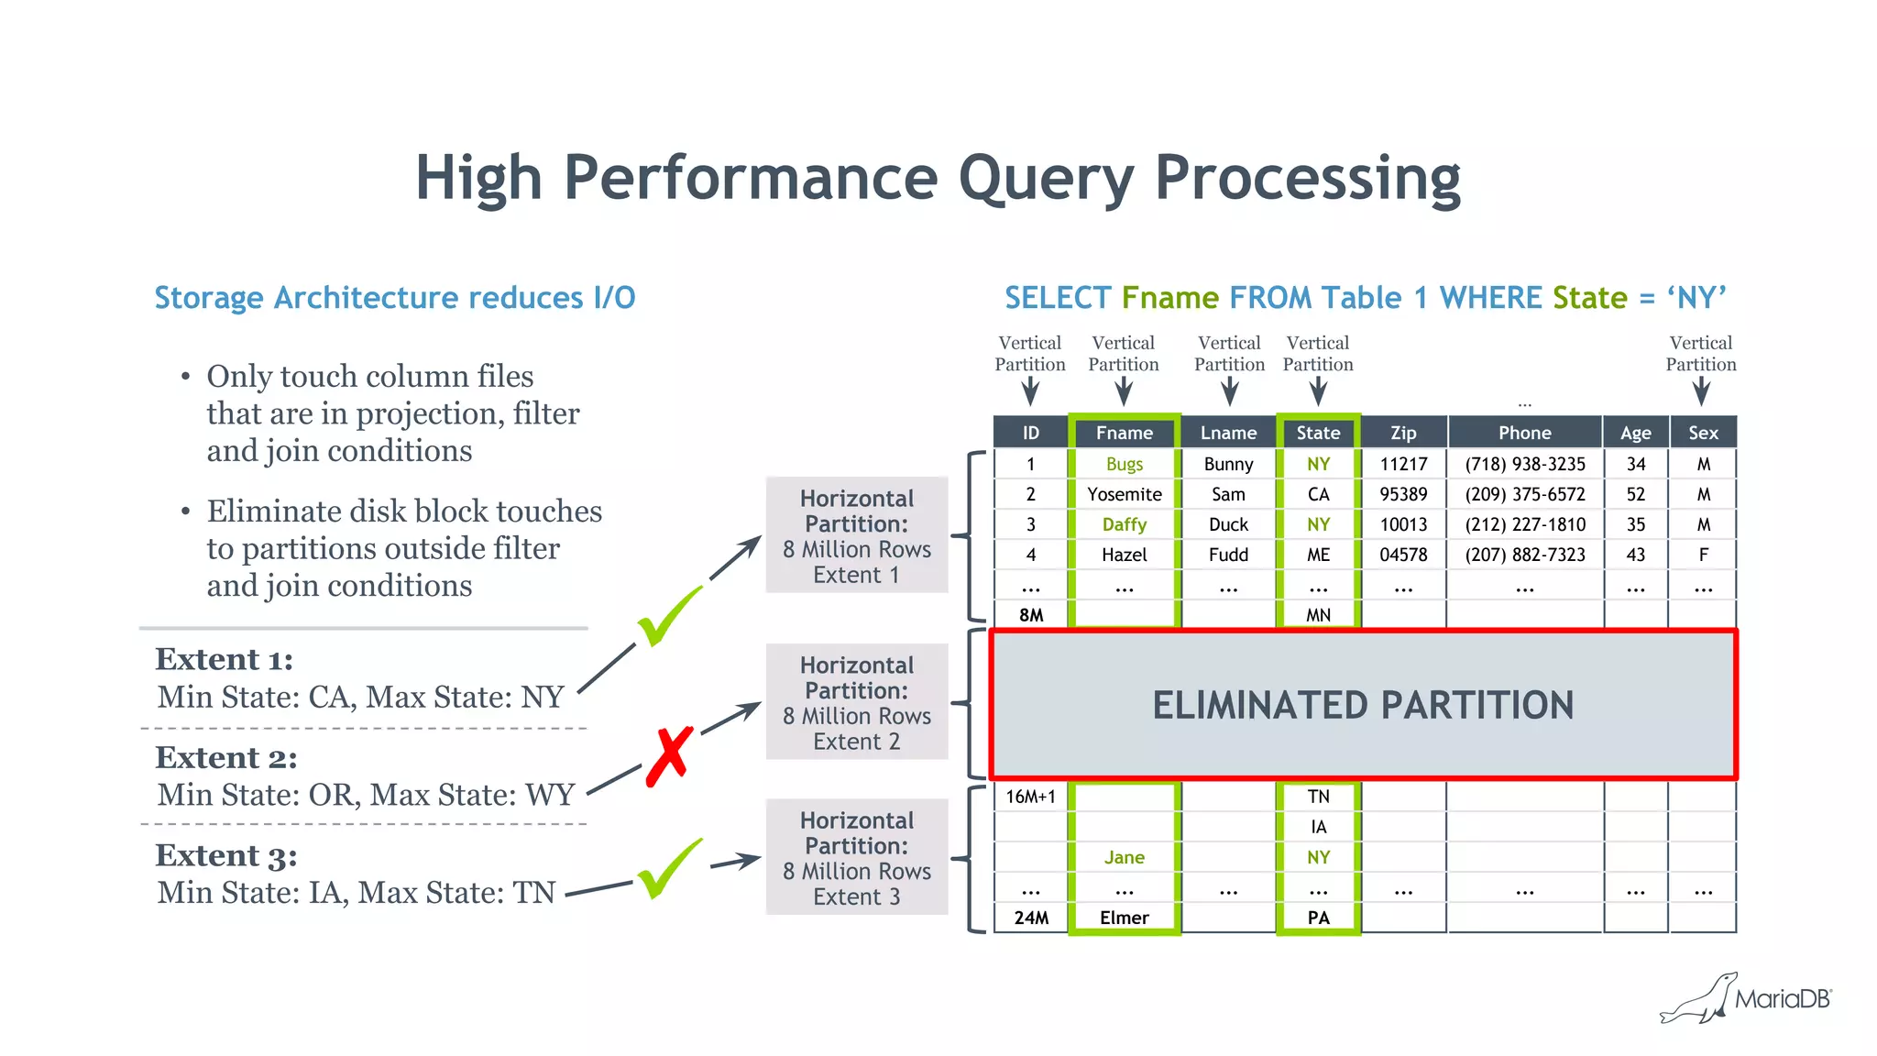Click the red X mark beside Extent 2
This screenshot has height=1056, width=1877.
(x=669, y=757)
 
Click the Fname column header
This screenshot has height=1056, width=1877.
(x=1124, y=433)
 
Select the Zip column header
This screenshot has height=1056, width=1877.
(x=1402, y=433)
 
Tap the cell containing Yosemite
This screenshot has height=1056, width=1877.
(x=1124, y=494)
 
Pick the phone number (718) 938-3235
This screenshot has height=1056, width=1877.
(x=1524, y=464)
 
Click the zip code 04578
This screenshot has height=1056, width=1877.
(x=1402, y=555)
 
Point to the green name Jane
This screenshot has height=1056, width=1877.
(x=1124, y=857)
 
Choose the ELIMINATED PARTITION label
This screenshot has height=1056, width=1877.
(x=1363, y=705)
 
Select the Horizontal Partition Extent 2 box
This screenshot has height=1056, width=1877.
(x=856, y=702)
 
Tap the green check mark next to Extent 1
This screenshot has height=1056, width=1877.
(x=669, y=616)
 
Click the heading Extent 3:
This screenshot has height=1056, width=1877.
(x=225, y=855)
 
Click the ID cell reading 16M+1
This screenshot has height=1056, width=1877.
(x=1030, y=797)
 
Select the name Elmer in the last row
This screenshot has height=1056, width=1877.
(x=1124, y=918)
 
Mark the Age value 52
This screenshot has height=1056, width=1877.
(x=1635, y=494)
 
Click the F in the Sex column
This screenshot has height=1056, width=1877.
(x=1703, y=555)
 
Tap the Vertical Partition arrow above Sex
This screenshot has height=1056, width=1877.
(x=1701, y=392)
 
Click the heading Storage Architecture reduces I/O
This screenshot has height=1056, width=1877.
(x=394, y=298)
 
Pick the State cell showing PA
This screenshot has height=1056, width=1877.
(x=1318, y=918)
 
